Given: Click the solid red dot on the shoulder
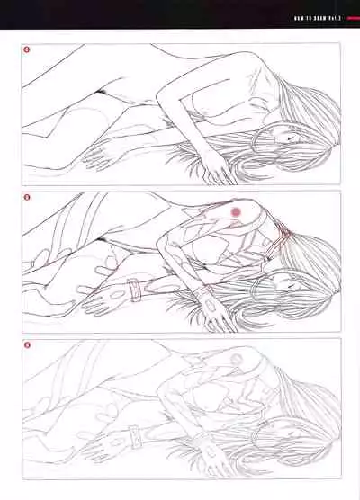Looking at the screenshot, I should point(237,210).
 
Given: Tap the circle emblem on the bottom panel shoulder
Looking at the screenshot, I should point(237,358).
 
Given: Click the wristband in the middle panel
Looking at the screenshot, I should point(134,290).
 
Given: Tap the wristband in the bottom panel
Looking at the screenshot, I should point(136,438).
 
